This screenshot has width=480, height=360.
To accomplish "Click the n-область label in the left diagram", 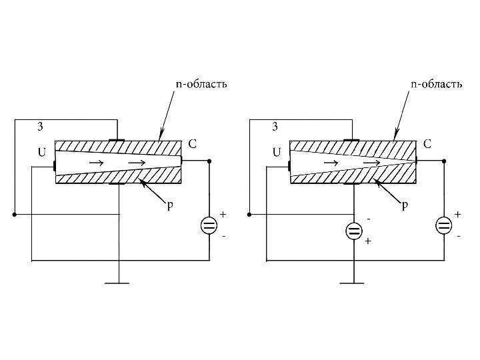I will click(201, 85).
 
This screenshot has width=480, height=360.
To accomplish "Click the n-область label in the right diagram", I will click(435, 85).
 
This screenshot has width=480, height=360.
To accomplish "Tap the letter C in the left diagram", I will click(191, 143).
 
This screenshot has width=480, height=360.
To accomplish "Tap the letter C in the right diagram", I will click(427, 143).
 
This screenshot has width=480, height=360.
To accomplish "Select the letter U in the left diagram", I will click(41, 152).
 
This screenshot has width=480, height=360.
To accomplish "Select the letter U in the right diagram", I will click(277, 152).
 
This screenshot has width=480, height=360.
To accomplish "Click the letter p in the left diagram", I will click(169, 206).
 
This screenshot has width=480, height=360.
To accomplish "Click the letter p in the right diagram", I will click(405, 206).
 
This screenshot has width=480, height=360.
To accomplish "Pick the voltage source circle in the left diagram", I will click(209, 225).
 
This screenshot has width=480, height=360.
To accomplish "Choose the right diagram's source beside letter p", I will click(353, 231).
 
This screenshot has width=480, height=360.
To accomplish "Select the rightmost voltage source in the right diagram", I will click(444, 225).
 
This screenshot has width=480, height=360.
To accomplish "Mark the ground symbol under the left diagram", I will click(118, 283).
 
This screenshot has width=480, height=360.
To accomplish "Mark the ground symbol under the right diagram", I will click(353, 283).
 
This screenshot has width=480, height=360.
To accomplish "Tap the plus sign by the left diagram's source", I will click(223, 215).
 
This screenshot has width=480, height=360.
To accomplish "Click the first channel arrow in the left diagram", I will click(97, 162).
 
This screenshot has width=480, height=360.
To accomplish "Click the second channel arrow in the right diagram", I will click(373, 162).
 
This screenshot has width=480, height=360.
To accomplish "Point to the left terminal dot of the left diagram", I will click(14, 215).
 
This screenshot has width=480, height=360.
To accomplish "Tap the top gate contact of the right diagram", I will click(351, 140).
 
